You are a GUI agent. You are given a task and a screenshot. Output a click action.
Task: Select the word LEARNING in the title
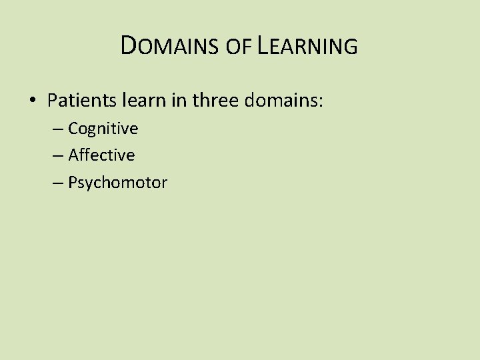tap(307, 46)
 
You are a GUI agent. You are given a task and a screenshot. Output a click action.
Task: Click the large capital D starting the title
tap(130, 45)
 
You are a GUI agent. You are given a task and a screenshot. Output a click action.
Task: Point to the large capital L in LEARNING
tap(263, 45)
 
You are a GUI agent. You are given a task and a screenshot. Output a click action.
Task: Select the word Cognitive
tap(103, 129)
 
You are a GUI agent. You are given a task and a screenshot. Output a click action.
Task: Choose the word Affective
tap(101, 155)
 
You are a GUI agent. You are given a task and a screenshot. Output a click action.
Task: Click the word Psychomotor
tap(117, 183)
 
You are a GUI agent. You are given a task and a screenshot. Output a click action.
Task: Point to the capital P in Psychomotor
tap(72, 182)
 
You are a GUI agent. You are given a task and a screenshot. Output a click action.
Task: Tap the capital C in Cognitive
tap(73, 128)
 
